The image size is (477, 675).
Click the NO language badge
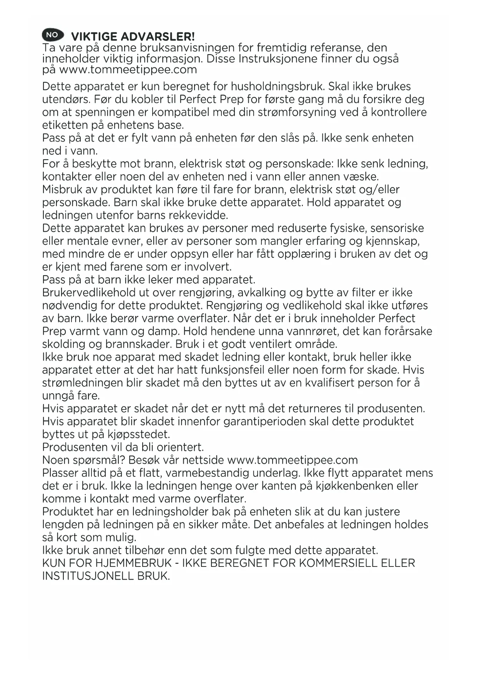52,35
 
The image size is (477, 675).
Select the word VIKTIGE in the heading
94,37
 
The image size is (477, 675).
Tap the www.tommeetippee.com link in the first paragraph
128,70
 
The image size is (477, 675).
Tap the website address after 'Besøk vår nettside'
293,460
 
